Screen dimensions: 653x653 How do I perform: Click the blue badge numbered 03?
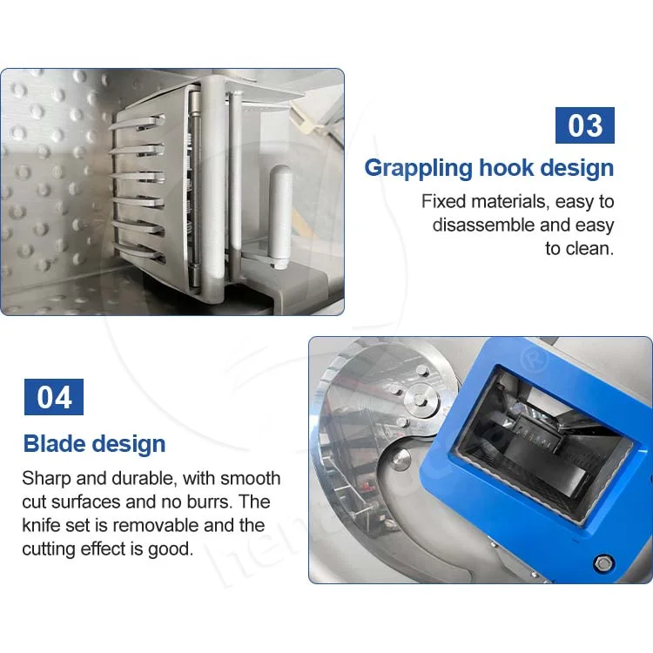584,125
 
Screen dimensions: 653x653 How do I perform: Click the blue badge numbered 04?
54,397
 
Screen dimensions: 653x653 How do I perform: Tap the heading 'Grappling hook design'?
488,167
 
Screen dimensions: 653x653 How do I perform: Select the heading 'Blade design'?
94,443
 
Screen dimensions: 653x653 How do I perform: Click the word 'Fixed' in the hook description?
443,202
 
